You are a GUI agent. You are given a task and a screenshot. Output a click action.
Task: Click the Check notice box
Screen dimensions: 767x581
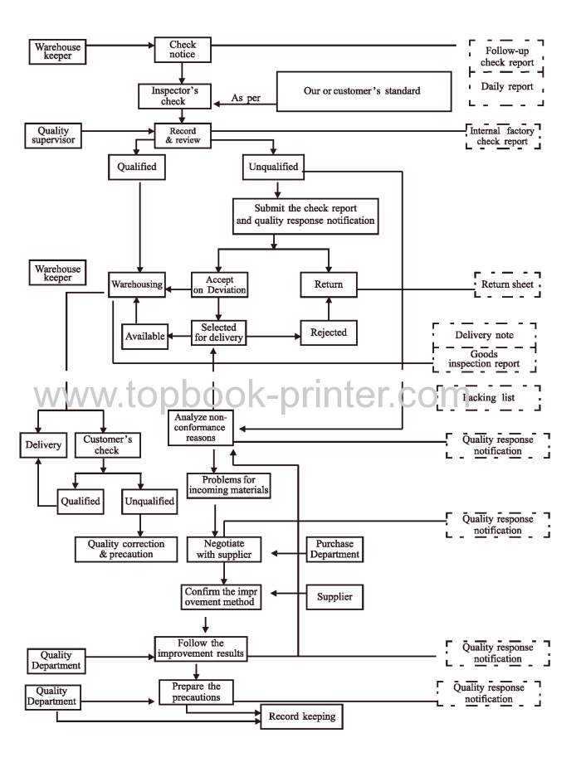(x=183, y=50)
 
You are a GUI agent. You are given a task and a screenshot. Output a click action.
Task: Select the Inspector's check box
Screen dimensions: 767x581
(x=173, y=95)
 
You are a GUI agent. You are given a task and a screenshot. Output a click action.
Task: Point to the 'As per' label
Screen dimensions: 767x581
(x=247, y=99)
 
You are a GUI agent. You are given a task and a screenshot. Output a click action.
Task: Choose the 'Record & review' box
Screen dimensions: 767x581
(x=182, y=135)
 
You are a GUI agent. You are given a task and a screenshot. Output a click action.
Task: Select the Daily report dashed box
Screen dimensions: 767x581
(x=506, y=86)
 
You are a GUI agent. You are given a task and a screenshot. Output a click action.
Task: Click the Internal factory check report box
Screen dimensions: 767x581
(x=503, y=136)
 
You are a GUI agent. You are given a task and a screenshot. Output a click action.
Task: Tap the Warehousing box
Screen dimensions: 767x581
(x=136, y=285)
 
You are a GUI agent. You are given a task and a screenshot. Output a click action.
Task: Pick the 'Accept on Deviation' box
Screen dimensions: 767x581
(x=219, y=285)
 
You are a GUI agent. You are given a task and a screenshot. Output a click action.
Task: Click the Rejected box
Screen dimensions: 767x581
(x=329, y=333)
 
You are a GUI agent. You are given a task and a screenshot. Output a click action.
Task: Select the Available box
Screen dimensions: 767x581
(x=146, y=336)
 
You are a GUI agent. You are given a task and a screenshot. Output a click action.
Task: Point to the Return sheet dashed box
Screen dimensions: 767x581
(x=506, y=285)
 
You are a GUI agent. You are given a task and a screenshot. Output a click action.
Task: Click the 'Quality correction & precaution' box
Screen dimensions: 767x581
(x=125, y=549)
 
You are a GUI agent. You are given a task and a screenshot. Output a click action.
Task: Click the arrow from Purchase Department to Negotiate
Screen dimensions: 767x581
(x=279, y=553)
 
